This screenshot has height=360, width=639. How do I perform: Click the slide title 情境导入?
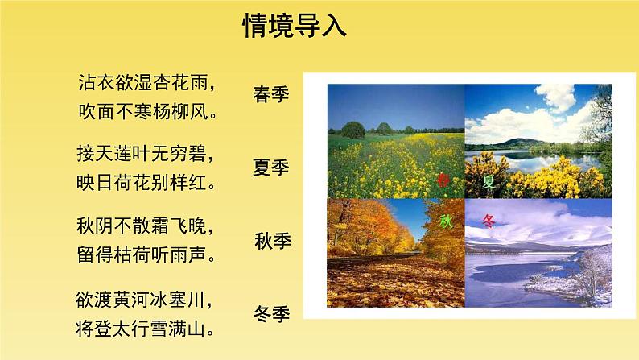pyautogui.click(x=295, y=26)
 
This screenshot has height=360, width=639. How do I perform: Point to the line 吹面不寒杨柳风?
pyautogui.click(x=150, y=109)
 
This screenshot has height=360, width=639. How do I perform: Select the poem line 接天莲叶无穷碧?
pyautogui.click(x=150, y=153)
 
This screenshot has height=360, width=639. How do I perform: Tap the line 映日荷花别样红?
pyautogui.click(x=150, y=180)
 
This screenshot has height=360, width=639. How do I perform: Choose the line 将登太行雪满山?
pyautogui.click(x=150, y=330)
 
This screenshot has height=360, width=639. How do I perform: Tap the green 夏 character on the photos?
pyautogui.click(x=489, y=181)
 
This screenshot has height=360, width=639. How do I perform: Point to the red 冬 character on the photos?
pyautogui.click(x=490, y=219)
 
